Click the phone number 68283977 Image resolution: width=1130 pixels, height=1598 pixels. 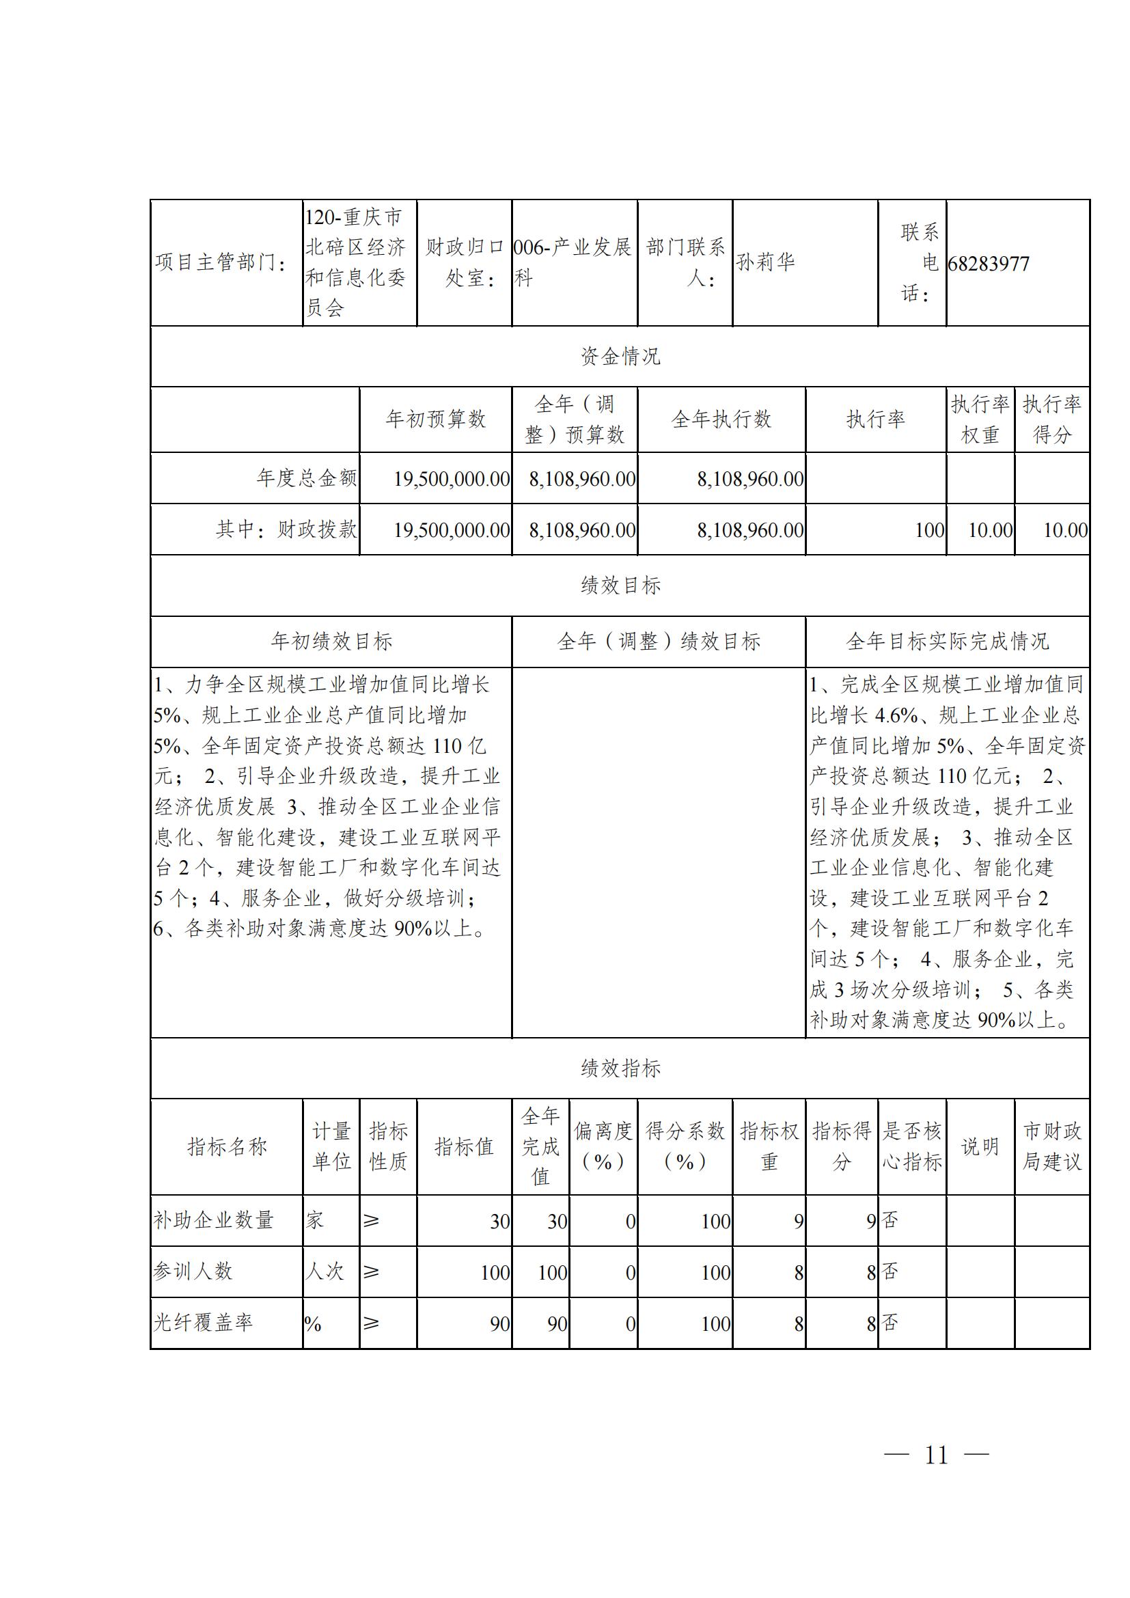click(x=988, y=264)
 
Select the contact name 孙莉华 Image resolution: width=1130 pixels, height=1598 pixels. click(x=765, y=262)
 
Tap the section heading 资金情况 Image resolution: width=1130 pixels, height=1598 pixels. click(x=620, y=357)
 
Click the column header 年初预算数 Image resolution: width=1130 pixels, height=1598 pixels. click(x=436, y=419)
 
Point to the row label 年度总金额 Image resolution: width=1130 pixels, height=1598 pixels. click(x=306, y=478)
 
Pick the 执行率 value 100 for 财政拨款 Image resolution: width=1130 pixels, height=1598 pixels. click(x=930, y=530)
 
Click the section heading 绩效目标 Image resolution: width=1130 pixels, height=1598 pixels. click(x=620, y=586)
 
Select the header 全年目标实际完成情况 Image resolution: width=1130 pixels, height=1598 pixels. click(x=947, y=641)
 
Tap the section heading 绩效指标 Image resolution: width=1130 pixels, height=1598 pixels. click(x=620, y=1069)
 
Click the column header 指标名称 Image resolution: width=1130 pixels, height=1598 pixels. click(x=227, y=1146)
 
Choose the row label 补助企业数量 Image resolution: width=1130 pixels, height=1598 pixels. click(x=214, y=1220)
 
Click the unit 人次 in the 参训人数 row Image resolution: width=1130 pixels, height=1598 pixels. click(x=325, y=1271)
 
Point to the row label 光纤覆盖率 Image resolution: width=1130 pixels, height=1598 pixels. click(x=202, y=1323)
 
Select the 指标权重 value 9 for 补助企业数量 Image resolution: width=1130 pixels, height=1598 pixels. click(x=798, y=1222)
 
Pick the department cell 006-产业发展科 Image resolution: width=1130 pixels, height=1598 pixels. click(x=573, y=262)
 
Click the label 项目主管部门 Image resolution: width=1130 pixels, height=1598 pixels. click(x=221, y=262)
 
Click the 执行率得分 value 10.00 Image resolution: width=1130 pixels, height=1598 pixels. click(x=1064, y=530)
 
